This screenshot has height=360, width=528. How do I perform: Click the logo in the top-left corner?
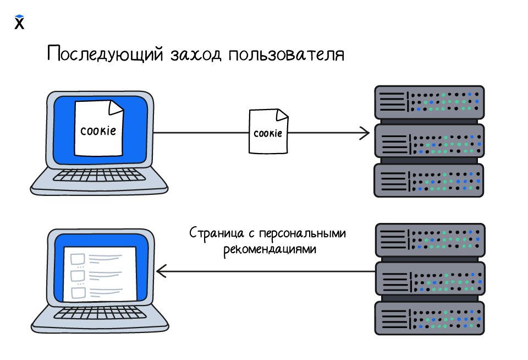tap(19, 22)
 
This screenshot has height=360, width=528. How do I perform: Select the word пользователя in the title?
tap(286, 56)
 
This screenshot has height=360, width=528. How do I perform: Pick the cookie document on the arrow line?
tap(268, 132)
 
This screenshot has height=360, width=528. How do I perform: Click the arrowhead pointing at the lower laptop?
tap(161, 271)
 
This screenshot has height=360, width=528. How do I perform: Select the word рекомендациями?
tap(270, 249)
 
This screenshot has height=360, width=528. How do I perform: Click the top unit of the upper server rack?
tap(429, 102)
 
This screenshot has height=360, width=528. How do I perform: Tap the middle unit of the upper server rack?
tap(429, 141)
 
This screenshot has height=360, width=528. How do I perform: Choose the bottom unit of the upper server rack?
tap(429, 180)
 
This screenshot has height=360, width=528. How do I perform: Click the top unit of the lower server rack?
tap(429, 240)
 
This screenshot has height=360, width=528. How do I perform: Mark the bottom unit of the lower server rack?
tap(429, 318)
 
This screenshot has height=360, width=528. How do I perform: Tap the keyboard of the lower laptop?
tap(100, 313)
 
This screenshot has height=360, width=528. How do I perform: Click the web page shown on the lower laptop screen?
tap(100, 274)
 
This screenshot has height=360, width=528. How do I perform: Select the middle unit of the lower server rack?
tap(429, 279)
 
